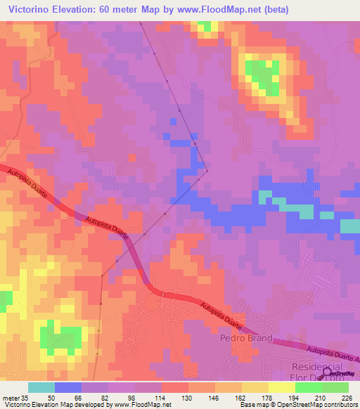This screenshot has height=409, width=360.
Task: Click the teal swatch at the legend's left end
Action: [x=41, y=387]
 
